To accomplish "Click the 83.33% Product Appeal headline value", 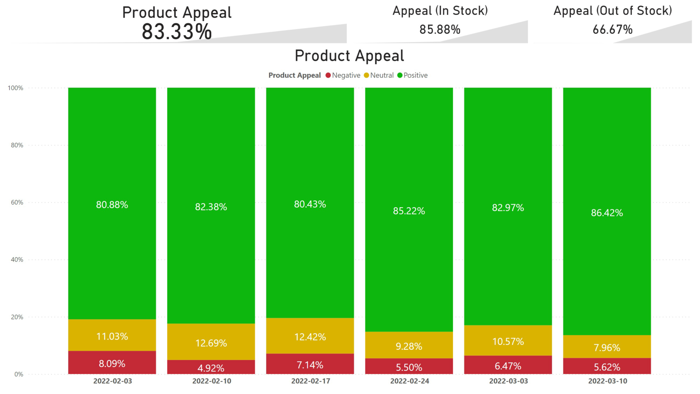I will pos(177,32).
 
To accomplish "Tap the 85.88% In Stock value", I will pos(440,29).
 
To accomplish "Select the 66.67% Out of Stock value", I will pos(612,29).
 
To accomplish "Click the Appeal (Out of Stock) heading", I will pos(612,11).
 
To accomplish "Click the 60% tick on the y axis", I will pos(17,202).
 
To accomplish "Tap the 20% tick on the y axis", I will pos(17,317).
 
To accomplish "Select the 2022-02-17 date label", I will pos(311,381).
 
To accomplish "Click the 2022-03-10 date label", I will pos(607,381).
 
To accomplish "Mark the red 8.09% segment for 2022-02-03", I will pos(112,363).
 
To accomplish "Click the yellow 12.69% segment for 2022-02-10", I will pos(211,343).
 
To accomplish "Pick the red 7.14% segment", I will pos(310,365).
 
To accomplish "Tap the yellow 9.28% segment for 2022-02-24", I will pos(409,346).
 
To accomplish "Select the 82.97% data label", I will pos(508,207).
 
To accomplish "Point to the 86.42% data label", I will pos(607,213).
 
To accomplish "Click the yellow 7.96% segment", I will pos(607,347).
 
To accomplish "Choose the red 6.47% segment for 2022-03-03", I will pos(508,366).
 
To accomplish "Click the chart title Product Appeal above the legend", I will pos(349,55).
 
